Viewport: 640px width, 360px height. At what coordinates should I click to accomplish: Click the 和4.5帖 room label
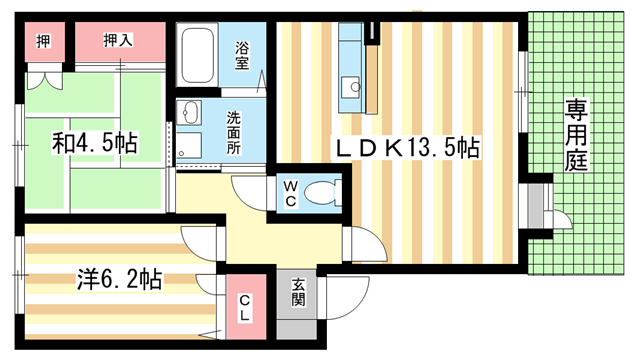point(95,143)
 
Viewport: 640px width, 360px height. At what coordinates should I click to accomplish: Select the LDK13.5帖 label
point(408,149)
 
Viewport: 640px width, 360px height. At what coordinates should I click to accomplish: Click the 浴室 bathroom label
point(242,55)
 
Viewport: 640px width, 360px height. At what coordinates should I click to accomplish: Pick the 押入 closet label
point(119,40)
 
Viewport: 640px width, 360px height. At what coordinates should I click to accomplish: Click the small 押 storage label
point(42,40)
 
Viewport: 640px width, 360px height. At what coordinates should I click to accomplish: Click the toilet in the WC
point(322,190)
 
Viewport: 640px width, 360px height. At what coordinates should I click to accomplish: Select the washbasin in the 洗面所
point(191,113)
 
